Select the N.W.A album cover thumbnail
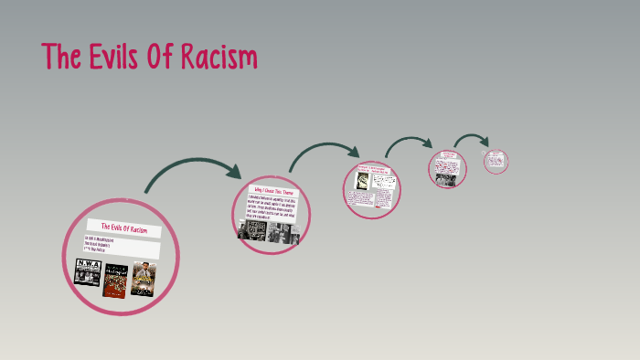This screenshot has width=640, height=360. coord(87,274)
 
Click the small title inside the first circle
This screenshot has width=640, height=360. coord(123,228)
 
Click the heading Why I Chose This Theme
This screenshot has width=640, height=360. coord(276,194)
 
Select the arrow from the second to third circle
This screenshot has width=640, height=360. coord(325,148)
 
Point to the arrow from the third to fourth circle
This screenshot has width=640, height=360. coord(409,143)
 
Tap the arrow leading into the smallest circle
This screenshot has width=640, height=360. coord(472,139)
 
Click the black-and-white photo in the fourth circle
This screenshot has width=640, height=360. coord(447,179)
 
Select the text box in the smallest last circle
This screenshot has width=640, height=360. coord(496,160)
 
